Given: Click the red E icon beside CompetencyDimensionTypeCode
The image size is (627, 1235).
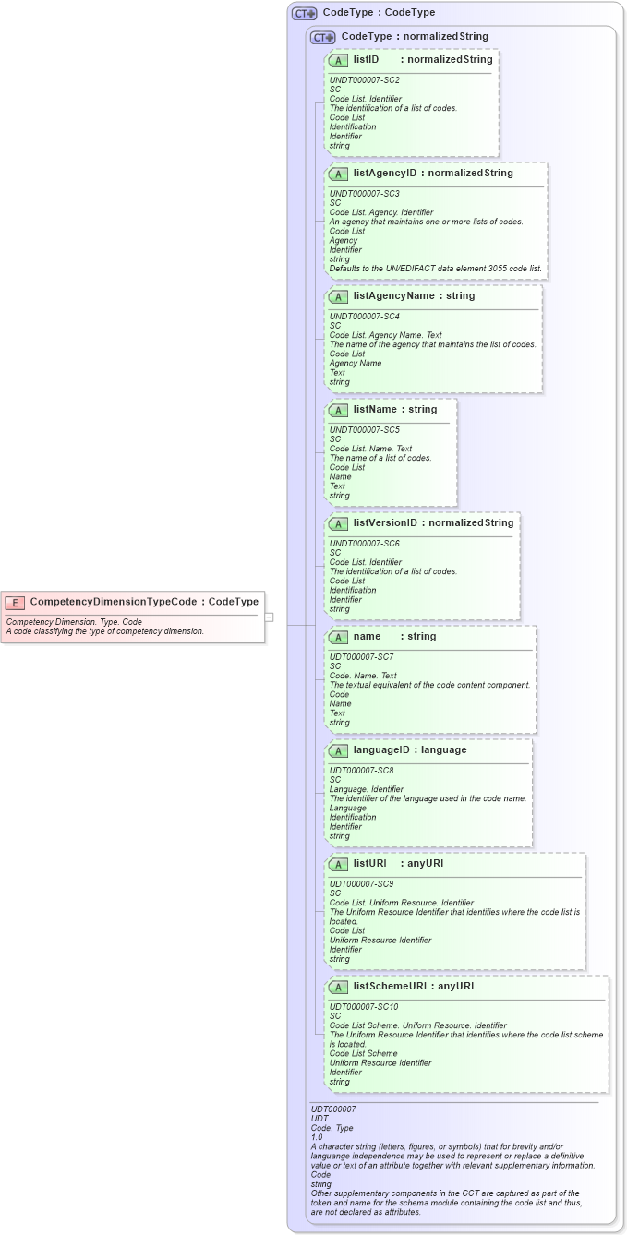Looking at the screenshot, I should tap(14, 602).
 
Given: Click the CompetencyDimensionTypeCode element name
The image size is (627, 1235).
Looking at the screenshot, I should tap(114, 602).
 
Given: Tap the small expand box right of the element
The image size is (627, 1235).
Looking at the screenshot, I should tap(269, 616).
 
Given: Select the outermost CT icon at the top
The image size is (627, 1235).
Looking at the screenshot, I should tap(304, 13).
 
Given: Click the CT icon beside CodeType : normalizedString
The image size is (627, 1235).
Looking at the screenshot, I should tap(322, 37).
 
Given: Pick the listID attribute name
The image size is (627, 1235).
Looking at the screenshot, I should tap(366, 60).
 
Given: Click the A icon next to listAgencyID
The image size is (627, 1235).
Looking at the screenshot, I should tap(338, 174).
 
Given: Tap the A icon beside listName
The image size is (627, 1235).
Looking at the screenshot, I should tap(338, 410).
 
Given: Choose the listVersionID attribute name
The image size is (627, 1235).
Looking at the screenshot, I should tap(385, 523).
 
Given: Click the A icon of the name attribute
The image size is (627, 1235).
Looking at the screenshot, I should tap(338, 637).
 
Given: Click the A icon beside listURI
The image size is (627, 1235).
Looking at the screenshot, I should tap(338, 864).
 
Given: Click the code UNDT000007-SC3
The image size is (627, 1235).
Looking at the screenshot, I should tap(365, 194).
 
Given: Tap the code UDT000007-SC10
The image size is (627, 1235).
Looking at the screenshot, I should tap(364, 1007).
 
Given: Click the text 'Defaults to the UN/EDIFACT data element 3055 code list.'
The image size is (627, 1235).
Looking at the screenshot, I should tap(436, 269).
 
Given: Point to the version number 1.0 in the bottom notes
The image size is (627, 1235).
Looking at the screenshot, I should tap(317, 1137).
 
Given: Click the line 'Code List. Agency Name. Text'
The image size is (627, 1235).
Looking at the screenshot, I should tap(386, 335).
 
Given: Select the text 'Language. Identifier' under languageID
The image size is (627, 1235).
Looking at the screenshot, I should tap(367, 789).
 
